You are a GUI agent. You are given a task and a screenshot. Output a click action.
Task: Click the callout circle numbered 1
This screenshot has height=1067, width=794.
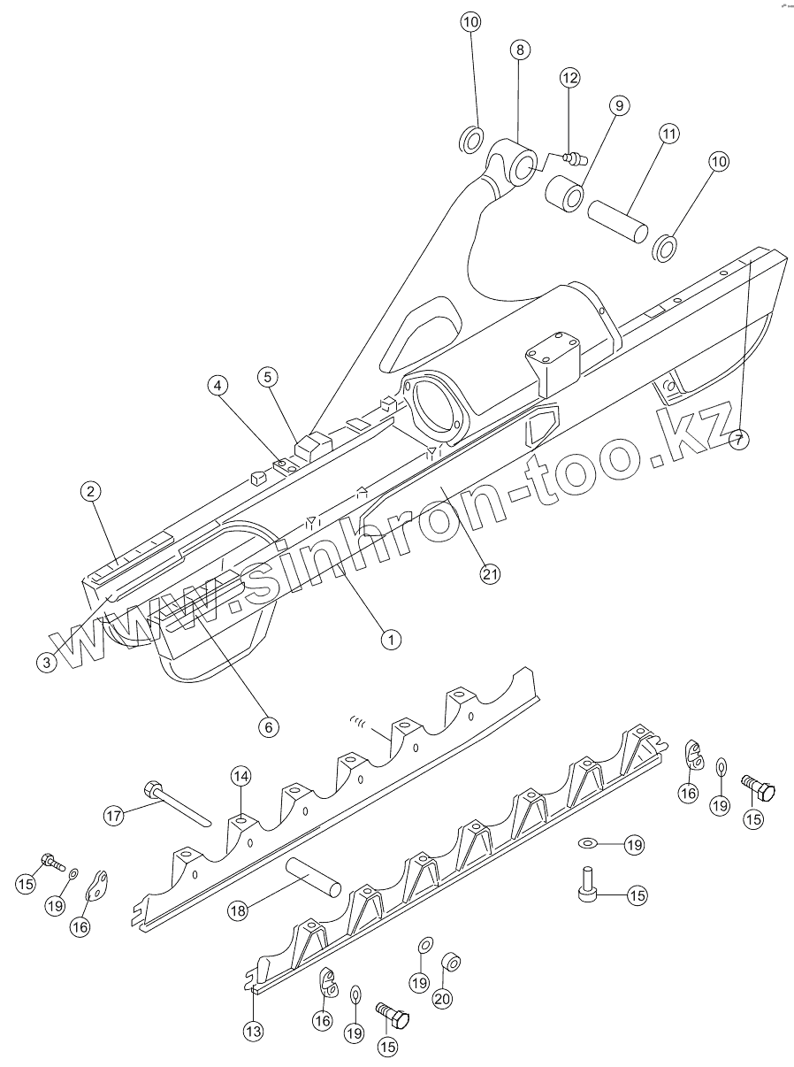[389, 636]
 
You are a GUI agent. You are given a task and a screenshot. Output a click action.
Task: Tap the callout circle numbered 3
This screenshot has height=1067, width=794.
[49, 661]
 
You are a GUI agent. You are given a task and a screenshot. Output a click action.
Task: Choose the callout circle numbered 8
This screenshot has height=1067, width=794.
[519, 50]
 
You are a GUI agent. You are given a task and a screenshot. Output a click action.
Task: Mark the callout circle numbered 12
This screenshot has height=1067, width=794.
[569, 78]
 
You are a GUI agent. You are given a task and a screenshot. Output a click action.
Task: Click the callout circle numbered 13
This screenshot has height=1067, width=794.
[254, 1030]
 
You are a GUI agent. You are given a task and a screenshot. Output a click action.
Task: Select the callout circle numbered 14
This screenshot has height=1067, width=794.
[241, 776]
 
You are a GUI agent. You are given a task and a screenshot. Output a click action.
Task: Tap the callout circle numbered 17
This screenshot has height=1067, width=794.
[114, 817]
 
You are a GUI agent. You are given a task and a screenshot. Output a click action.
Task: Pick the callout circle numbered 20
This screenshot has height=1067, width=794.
[442, 998]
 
